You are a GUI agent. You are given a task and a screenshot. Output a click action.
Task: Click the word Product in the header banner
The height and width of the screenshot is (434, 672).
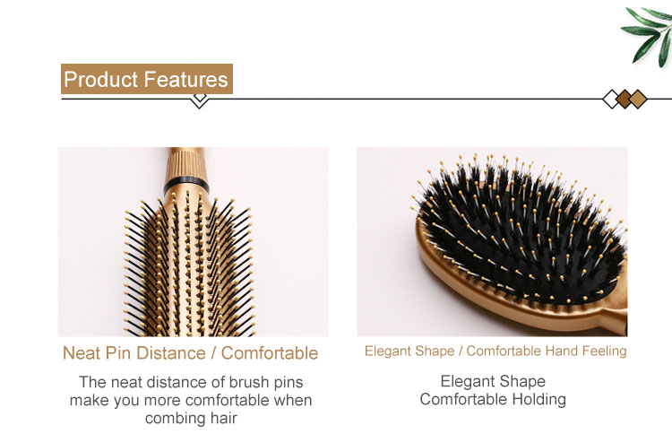tap(100, 80)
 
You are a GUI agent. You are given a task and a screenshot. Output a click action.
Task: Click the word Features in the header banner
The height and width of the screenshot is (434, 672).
tap(185, 80)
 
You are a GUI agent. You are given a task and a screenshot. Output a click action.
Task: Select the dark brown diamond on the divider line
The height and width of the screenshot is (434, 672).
tap(625, 99)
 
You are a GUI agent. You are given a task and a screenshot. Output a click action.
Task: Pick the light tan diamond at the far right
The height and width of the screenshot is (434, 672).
tap(638, 99)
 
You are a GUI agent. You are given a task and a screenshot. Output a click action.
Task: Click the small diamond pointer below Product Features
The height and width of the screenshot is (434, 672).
tap(199, 100)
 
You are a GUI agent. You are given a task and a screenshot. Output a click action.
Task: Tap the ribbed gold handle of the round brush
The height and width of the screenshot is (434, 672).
tap(186, 163)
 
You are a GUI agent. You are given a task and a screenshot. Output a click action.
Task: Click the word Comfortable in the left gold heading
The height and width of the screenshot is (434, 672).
tap(270, 353)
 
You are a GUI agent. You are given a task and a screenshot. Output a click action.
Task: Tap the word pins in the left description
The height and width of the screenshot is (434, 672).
tap(289, 383)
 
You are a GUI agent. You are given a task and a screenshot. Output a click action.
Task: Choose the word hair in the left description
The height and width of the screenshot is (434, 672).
tap(224, 418)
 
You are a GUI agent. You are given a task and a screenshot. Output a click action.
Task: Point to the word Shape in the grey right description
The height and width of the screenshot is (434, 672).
tap(522, 382)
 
